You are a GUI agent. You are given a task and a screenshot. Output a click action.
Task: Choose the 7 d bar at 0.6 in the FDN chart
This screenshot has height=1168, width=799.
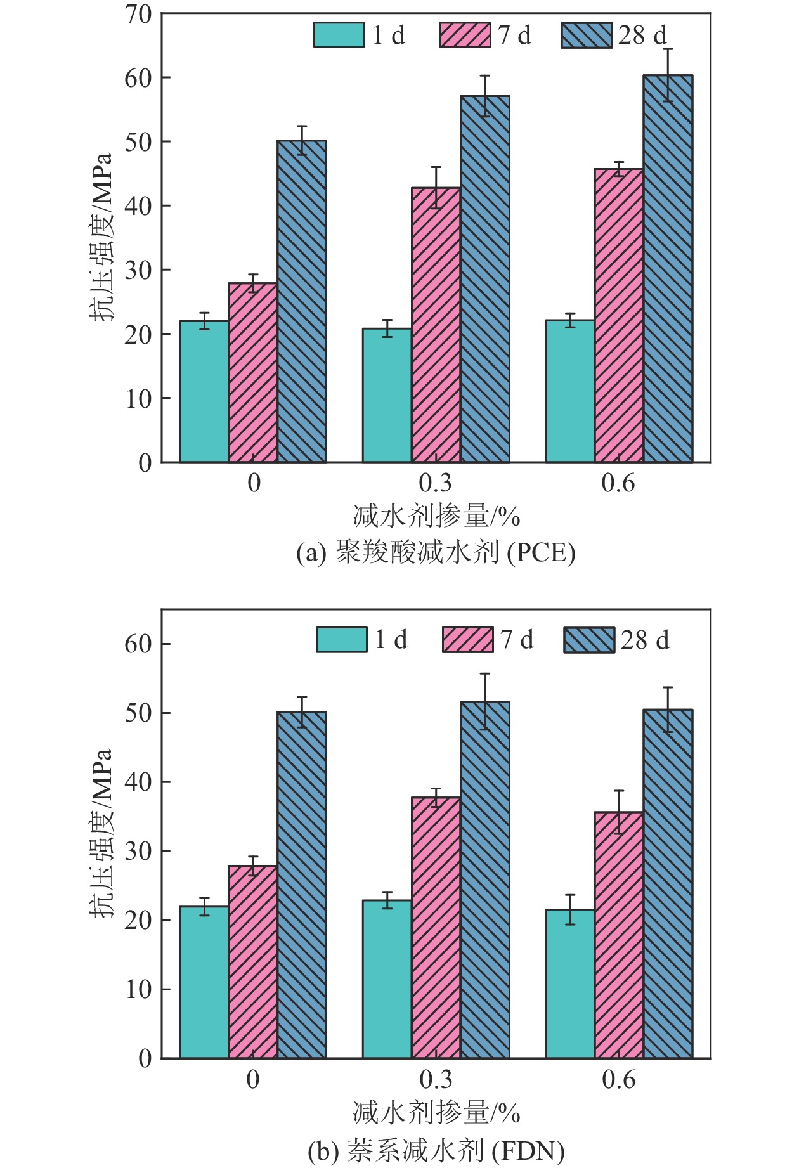[619, 935]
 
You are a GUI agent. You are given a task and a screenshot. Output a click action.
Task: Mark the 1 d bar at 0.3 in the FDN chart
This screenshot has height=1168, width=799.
[387, 979]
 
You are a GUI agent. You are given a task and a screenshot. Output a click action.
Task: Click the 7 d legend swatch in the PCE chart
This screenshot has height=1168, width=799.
[465, 35]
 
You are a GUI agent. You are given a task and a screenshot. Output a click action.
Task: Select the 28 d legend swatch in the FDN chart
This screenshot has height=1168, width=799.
[589, 640]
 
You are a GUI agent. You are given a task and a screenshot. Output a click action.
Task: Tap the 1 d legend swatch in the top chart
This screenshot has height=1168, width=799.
[339, 35]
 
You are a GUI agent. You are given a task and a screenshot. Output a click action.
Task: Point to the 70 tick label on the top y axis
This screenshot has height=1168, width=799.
[138, 14]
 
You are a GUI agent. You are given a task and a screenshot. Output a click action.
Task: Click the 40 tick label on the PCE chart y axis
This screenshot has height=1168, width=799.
[138, 206]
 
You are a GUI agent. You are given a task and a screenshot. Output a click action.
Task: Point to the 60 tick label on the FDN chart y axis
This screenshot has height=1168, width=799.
[138, 644]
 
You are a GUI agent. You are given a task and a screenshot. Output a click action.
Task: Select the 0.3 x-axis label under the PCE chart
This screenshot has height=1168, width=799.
[436, 484]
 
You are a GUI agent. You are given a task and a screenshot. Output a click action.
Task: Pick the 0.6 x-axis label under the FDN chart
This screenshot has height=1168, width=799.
[619, 1080]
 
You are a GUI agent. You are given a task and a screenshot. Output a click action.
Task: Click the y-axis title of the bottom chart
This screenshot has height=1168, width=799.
[100, 833]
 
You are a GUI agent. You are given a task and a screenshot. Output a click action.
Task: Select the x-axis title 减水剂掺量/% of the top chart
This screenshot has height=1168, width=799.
[436, 517]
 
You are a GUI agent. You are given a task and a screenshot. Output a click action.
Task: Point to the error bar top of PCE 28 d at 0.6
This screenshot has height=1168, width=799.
[668, 49]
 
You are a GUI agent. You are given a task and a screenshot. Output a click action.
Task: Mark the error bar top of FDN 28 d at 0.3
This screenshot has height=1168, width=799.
[485, 673]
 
